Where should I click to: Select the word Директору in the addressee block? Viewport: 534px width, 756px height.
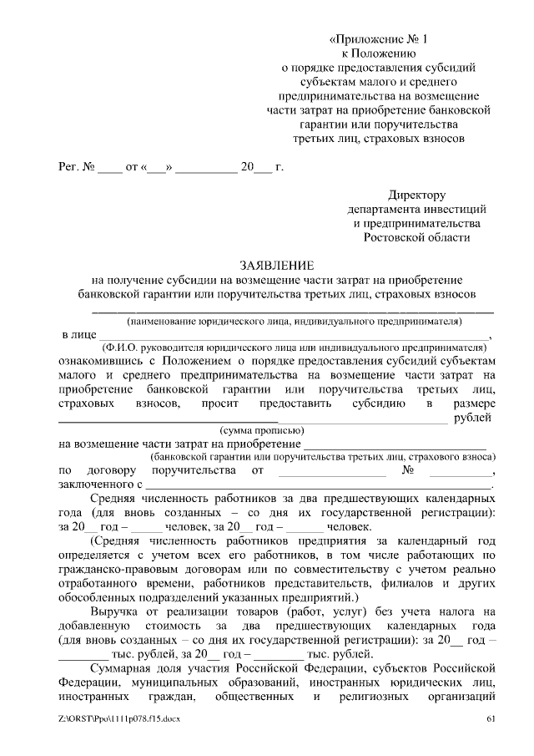point(417,194)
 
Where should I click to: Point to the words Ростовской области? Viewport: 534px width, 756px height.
point(417,237)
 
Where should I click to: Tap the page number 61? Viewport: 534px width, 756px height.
point(491,719)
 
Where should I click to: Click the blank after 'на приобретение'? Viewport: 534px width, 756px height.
point(396,444)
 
